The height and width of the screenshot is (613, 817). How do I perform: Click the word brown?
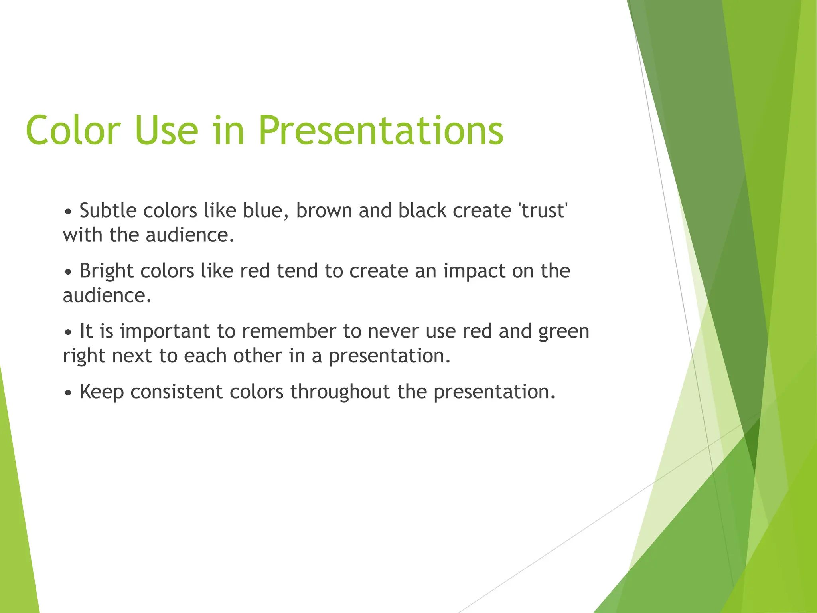324,210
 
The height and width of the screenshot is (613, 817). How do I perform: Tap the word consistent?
176,392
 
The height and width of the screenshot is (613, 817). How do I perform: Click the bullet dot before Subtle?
68,212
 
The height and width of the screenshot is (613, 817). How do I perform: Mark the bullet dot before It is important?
68,332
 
